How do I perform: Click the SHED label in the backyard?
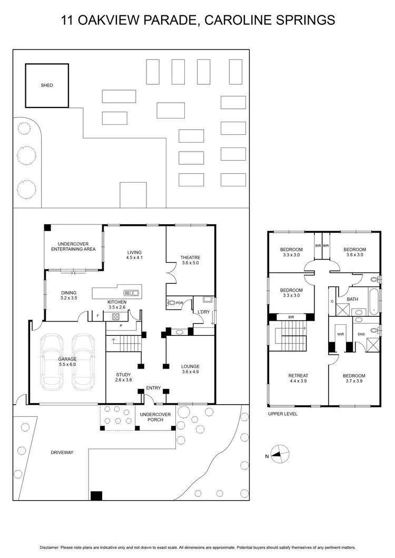click(47, 85)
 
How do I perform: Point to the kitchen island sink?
click(131, 293)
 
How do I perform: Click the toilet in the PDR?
click(171, 303)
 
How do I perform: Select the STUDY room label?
click(123, 375)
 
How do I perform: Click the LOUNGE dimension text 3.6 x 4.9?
click(190, 372)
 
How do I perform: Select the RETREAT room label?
click(298, 376)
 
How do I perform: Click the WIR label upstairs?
click(340, 333)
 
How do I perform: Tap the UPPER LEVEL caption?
click(283, 414)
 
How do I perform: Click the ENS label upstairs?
click(361, 334)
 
